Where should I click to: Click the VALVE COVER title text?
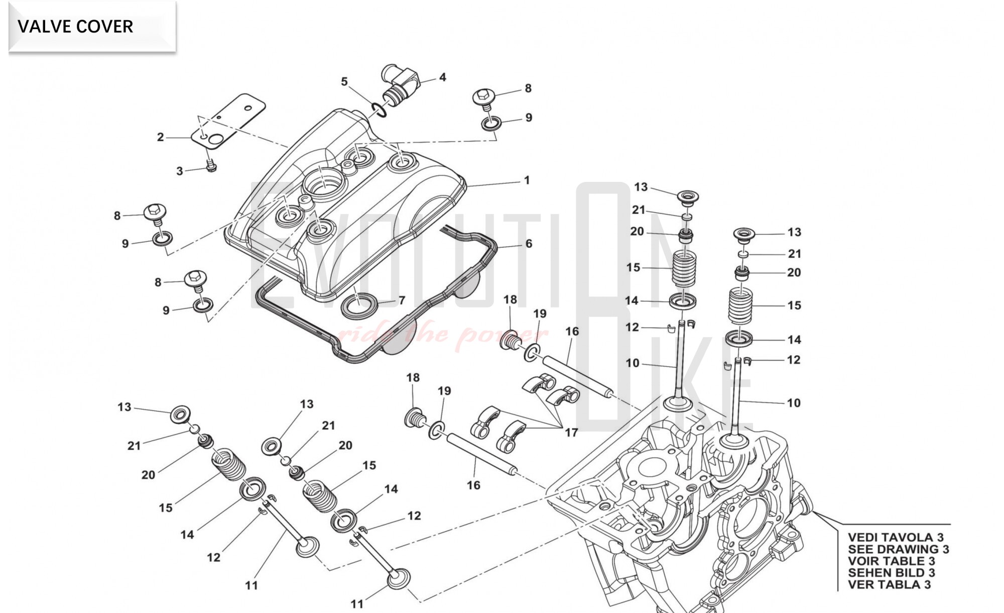[x=75, y=26]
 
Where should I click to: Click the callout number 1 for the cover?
[x=527, y=180]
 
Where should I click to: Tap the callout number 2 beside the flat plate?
[x=160, y=137]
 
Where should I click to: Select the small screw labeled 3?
[x=211, y=165]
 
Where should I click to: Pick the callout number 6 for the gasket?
[x=529, y=244]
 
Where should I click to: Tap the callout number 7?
[x=402, y=300]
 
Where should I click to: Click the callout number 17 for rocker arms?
[x=571, y=432]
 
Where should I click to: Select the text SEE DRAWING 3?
[x=899, y=549]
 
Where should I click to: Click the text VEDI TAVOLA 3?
[x=896, y=537]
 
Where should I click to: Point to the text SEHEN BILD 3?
[x=891, y=573]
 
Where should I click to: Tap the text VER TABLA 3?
[x=889, y=584]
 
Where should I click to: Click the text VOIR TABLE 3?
[x=891, y=561]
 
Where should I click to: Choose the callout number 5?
[x=344, y=81]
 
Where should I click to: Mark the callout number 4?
[x=442, y=77]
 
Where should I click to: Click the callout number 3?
[x=180, y=171]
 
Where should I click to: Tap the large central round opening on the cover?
[x=321, y=181]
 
